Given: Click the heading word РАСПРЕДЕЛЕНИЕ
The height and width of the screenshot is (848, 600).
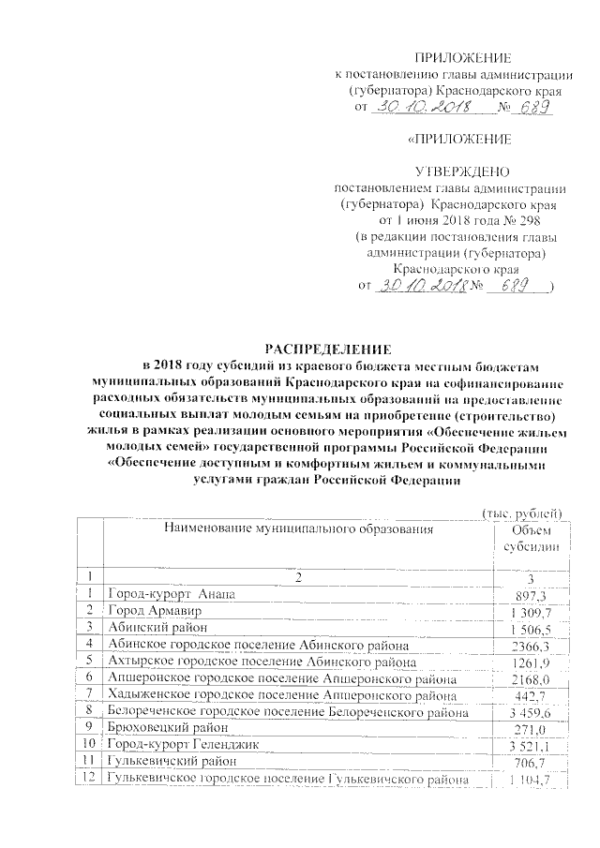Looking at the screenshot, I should (299, 348).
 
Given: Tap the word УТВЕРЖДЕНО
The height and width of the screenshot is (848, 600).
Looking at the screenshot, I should (462, 171).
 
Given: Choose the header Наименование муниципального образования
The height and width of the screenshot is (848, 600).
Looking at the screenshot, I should (301, 529).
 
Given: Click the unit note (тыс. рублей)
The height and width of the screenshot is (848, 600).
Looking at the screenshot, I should (520, 512).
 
